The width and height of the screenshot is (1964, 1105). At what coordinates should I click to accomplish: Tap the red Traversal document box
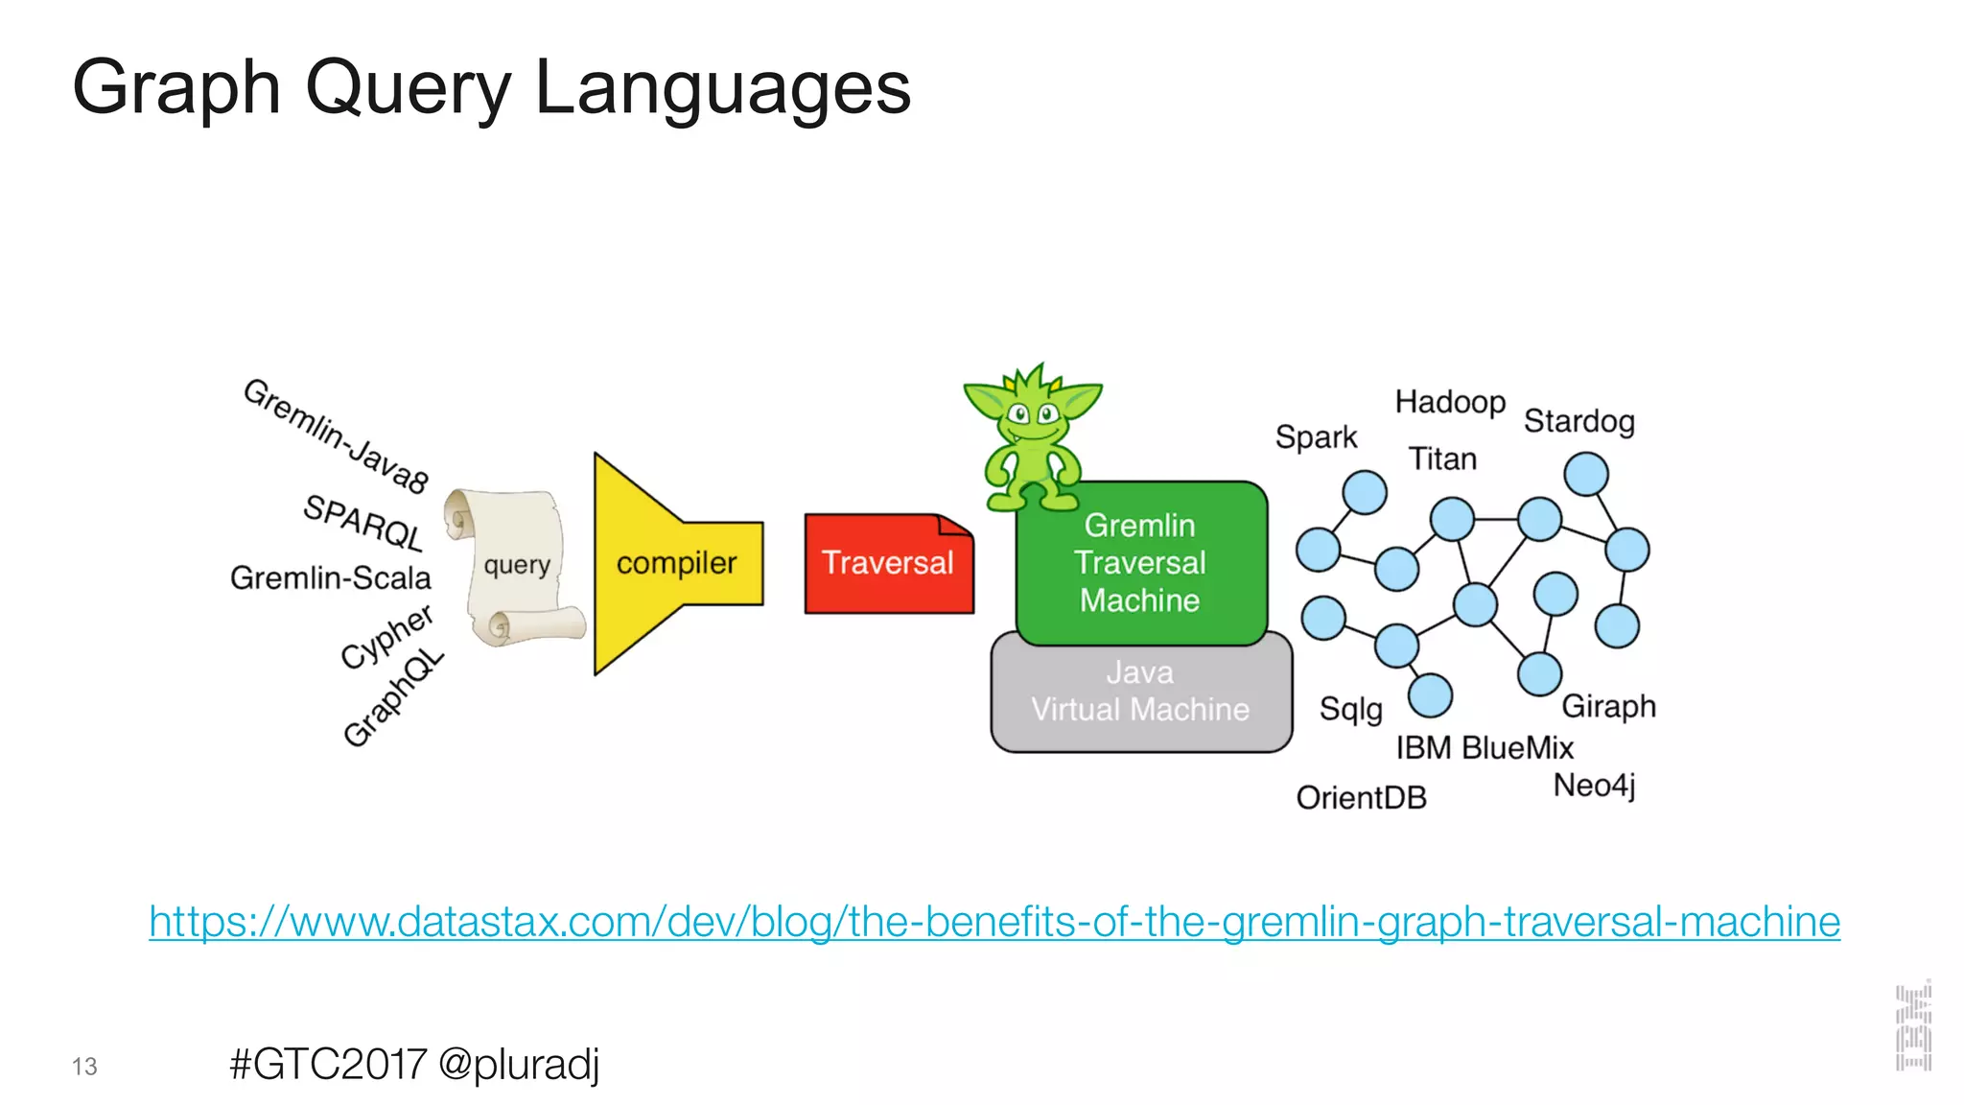point(888,563)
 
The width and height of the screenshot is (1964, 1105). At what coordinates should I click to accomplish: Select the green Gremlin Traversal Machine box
point(1140,563)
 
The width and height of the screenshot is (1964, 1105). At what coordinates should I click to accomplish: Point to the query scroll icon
point(516,566)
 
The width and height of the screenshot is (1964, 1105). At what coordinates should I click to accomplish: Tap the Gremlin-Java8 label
point(336,435)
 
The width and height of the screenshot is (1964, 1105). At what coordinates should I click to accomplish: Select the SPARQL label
point(363,522)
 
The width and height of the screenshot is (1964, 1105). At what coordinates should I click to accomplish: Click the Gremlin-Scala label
point(331,577)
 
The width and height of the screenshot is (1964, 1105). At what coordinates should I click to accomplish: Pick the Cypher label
point(386,636)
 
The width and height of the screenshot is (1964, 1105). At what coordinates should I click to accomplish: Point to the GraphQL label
point(393,697)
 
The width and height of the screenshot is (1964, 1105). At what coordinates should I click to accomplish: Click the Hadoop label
point(1450,402)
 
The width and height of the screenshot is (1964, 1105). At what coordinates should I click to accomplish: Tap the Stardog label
point(1579,421)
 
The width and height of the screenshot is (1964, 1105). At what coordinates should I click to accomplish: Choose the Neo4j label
point(1594,785)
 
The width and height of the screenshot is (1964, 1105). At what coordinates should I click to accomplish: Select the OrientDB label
point(1362,797)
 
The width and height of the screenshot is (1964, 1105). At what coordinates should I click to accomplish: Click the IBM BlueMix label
point(1485,747)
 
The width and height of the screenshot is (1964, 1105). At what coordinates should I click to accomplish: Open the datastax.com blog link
point(994,922)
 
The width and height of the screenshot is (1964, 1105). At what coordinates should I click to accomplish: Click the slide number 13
point(84,1067)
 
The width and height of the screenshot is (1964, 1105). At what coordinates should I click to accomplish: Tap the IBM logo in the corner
point(1913,1026)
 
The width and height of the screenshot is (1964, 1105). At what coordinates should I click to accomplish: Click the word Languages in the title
point(722,88)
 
